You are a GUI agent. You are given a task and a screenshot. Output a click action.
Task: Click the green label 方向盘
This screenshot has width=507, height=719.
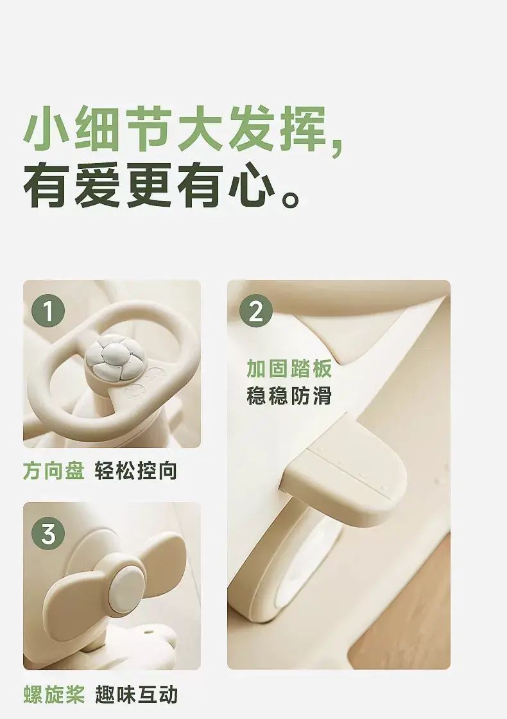click(x=54, y=471)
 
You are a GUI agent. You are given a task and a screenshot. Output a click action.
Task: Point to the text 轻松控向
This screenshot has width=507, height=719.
click(x=135, y=471)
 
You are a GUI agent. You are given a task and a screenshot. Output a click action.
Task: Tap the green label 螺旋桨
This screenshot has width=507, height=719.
click(x=54, y=694)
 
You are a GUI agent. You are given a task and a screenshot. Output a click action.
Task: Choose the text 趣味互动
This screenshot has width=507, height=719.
click(x=135, y=694)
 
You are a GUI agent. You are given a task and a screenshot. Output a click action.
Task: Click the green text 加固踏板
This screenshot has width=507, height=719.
click(x=289, y=368)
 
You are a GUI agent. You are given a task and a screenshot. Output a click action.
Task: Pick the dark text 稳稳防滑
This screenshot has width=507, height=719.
click(x=289, y=395)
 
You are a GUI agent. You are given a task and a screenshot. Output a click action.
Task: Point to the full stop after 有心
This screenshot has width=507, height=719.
click(x=290, y=198)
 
